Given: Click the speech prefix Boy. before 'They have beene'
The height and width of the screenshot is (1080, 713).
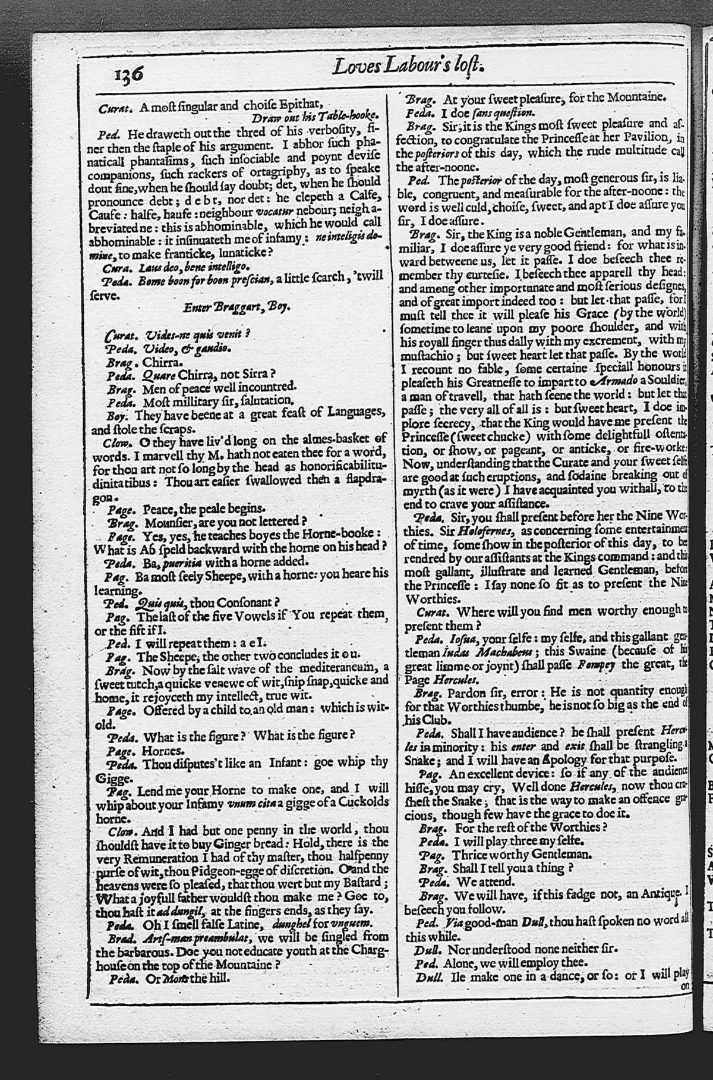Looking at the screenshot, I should point(115,413).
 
